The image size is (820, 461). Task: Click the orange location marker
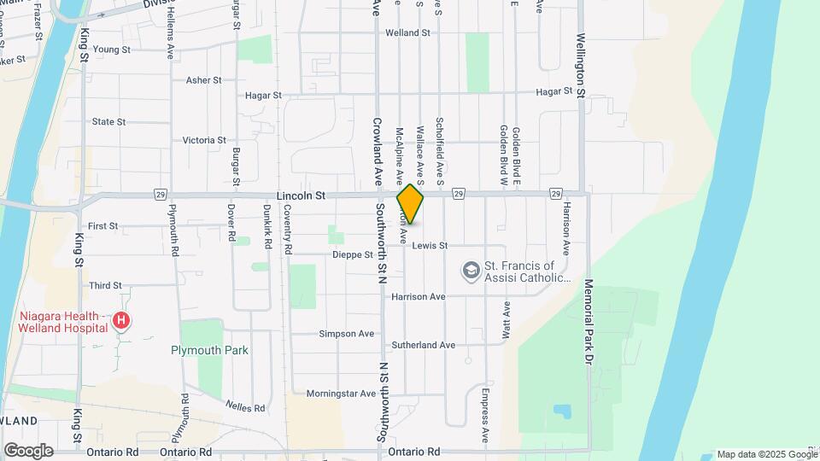(411, 204)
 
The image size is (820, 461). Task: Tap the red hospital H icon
(122, 322)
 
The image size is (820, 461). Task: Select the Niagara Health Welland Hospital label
(63, 321)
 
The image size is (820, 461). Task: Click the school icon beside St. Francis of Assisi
(470, 271)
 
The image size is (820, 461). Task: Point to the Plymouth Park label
(209, 350)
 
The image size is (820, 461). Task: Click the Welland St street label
(407, 32)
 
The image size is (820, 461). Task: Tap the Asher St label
(203, 79)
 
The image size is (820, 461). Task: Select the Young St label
(112, 50)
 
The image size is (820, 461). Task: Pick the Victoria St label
(204, 140)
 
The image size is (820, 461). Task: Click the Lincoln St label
(301, 195)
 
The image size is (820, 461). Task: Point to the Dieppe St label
(352, 254)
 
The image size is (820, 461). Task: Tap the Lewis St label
(430, 246)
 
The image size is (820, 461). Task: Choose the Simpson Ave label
(347, 334)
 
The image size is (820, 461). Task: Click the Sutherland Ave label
(423, 345)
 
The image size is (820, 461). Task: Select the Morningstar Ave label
(341, 394)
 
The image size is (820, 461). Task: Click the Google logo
(28, 450)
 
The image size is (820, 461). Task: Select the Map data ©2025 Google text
(767, 454)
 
